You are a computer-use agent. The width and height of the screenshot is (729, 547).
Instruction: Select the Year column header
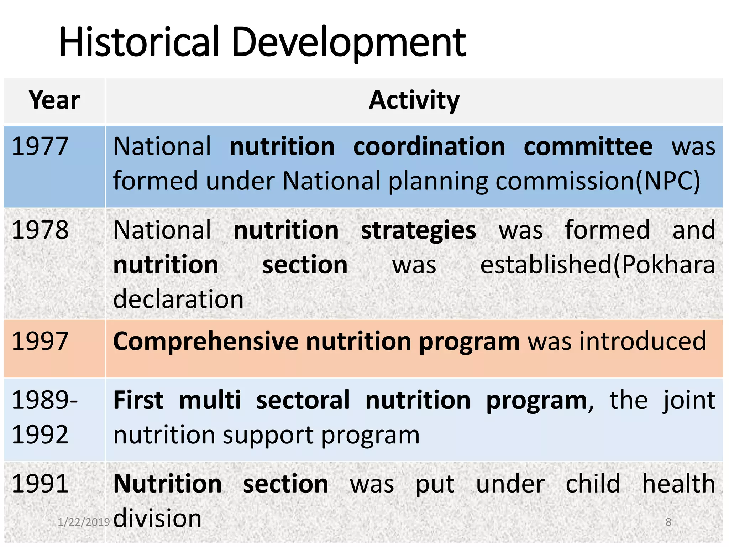click(x=54, y=100)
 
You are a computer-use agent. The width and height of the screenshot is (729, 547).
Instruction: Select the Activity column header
click(x=414, y=100)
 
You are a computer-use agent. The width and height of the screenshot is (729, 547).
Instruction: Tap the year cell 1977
click(x=40, y=147)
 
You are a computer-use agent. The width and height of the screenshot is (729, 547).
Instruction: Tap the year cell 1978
click(x=40, y=230)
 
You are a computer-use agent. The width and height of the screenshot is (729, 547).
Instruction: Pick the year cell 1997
click(x=40, y=341)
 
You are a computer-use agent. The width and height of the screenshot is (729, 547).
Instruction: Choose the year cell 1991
click(x=40, y=484)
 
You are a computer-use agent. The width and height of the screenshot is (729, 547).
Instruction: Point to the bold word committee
click(x=588, y=147)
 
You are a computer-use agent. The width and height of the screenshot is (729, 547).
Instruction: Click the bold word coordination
click(x=429, y=147)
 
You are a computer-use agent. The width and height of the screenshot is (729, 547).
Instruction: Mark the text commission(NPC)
click(x=598, y=181)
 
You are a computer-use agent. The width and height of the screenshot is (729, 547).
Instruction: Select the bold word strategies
click(x=418, y=230)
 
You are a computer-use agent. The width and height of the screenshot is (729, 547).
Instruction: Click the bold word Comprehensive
click(x=206, y=341)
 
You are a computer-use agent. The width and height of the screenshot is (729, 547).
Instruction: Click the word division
click(x=157, y=518)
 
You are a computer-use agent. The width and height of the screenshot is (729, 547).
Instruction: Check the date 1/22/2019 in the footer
click(x=84, y=522)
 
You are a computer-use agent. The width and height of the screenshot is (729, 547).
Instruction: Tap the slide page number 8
click(x=668, y=522)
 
